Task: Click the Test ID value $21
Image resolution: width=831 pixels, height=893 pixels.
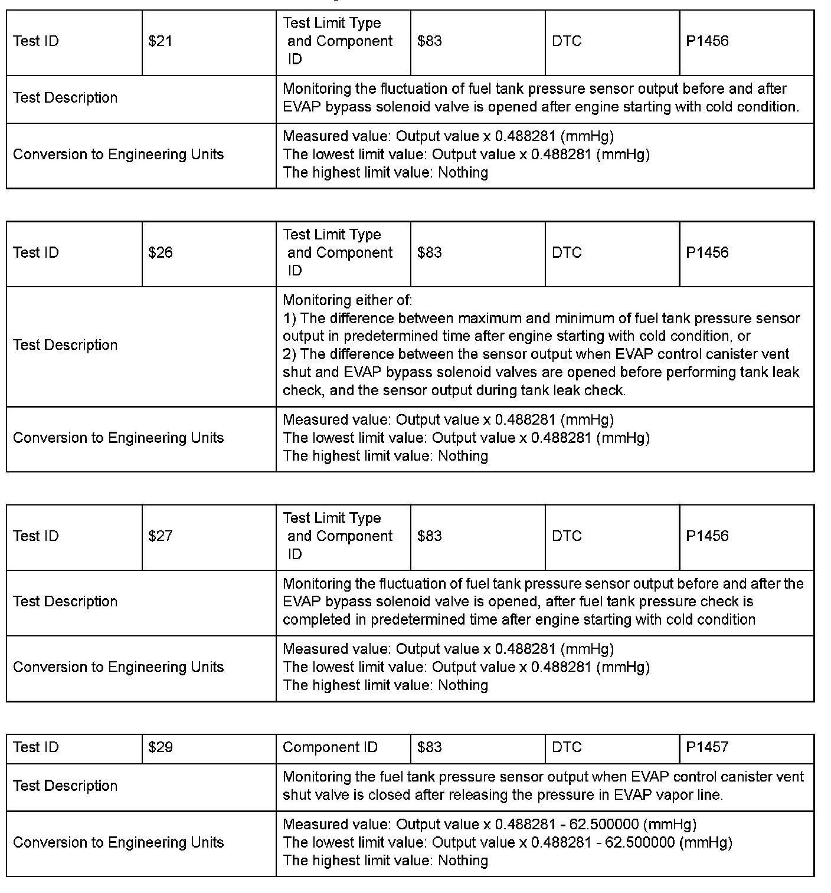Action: pyautogui.click(x=160, y=41)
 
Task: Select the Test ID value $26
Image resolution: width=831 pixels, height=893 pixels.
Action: pyautogui.click(x=160, y=253)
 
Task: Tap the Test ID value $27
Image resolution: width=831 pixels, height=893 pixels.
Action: pyautogui.click(x=160, y=536)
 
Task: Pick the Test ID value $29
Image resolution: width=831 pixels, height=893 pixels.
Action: pyautogui.click(x=160, y=747)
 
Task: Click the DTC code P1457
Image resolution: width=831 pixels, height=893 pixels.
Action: pyautogui.click(x=707, y=747)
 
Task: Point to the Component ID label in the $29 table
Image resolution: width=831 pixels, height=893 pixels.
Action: pyautogui.click(x=330, y=747)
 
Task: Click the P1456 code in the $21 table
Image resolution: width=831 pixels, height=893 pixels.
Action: pyautogui.click(x=707, y=41)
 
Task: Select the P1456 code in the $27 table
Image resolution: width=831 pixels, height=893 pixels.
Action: pyautogui.click(x=707, y=536)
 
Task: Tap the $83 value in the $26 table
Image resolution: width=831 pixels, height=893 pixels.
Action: pyautogui.click(x=430, y=253)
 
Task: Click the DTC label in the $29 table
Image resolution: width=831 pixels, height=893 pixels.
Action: pyautogui.click(x=567, y=747)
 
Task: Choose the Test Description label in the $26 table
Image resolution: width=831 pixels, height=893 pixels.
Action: pyautogui.click(x=65, y=345)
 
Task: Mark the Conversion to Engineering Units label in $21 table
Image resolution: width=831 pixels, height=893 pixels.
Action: pyautogui.click(x=118, y=155)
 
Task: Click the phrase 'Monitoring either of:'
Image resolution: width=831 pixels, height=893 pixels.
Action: pyautogui.click(x=347, y=300)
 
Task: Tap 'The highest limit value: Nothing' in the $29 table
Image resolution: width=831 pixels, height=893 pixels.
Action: pyautogui.click(x=385, y=861)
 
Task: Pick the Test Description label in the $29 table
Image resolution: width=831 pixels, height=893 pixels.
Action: pyautogui.click(x=65, y=786)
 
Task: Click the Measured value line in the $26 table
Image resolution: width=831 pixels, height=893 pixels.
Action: pyautogui.click(x=448, y=420)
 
